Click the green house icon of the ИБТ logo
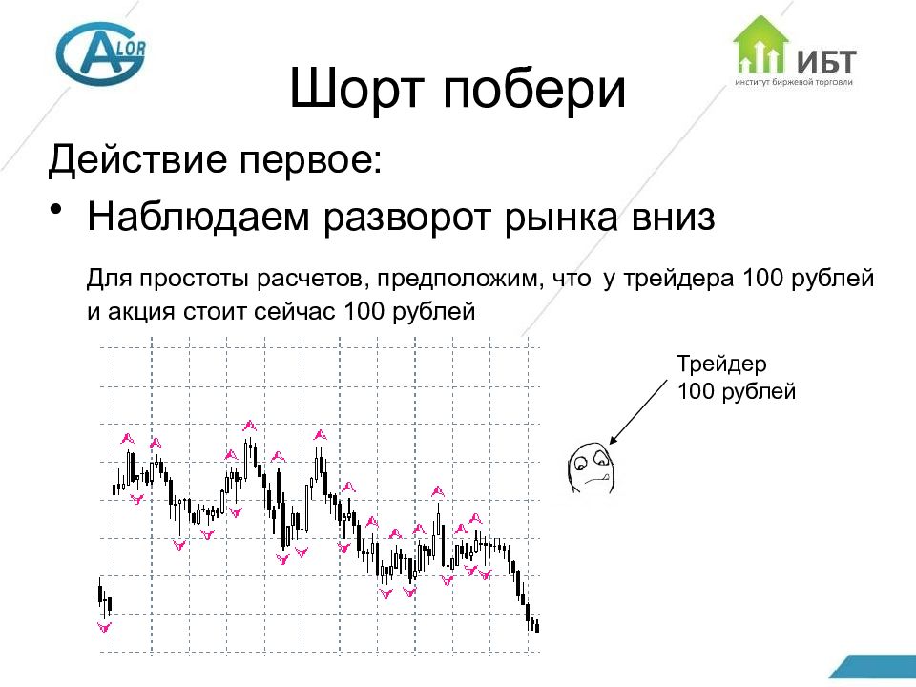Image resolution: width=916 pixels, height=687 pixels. click(x=760, y=45)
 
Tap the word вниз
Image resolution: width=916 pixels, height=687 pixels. click(x=669, y=218)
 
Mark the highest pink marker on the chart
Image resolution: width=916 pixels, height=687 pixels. click(x=249, y=425)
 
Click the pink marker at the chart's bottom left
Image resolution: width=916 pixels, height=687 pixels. click(x=105, y=627)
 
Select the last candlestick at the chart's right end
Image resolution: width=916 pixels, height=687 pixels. click(x=538, y=626)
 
